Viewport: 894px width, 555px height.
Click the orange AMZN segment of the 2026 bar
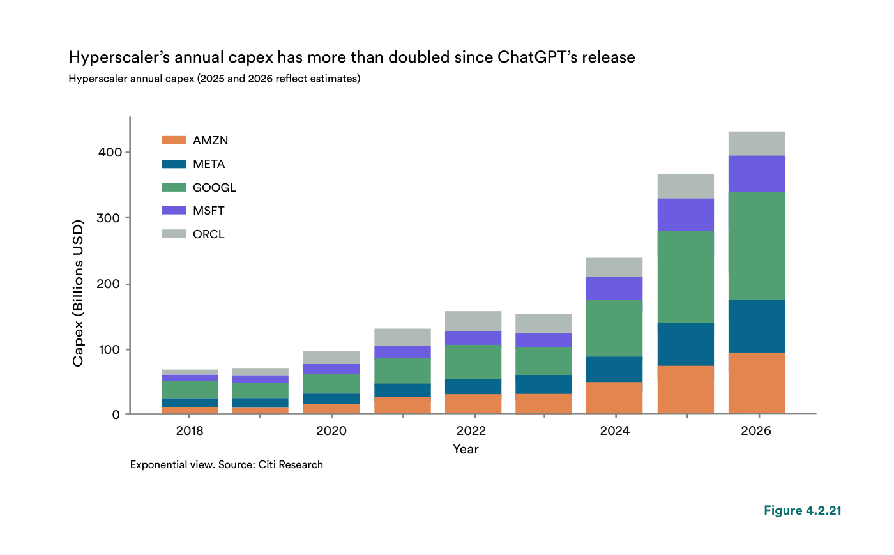(756, 383)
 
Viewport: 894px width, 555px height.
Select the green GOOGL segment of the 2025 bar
(685, 277)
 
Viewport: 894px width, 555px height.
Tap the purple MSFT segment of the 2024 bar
(614, 288)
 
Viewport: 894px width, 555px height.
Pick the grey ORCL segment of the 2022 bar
(473, 321)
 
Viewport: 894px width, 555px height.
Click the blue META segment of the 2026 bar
(756, 326)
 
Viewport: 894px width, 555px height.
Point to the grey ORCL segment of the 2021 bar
(402, 337)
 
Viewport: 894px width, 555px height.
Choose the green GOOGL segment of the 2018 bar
(190, 390)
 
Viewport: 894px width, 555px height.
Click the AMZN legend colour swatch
(174, 140)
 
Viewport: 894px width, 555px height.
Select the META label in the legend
(209, 164)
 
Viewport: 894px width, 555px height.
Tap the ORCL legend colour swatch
(174, 234)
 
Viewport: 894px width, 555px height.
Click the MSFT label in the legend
(208, 210)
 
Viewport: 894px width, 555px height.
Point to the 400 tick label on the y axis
(110, 152)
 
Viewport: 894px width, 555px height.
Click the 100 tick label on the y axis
(109, 349)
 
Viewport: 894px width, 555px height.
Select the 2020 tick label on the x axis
(331, 431)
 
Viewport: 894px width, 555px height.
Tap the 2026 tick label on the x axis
(756, 431)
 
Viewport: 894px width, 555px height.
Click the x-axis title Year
(466, 449)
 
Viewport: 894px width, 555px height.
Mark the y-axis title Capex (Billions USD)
(78, 293)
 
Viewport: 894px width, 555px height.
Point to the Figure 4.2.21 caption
(803, 511)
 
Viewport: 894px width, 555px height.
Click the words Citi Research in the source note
(291, 465)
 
